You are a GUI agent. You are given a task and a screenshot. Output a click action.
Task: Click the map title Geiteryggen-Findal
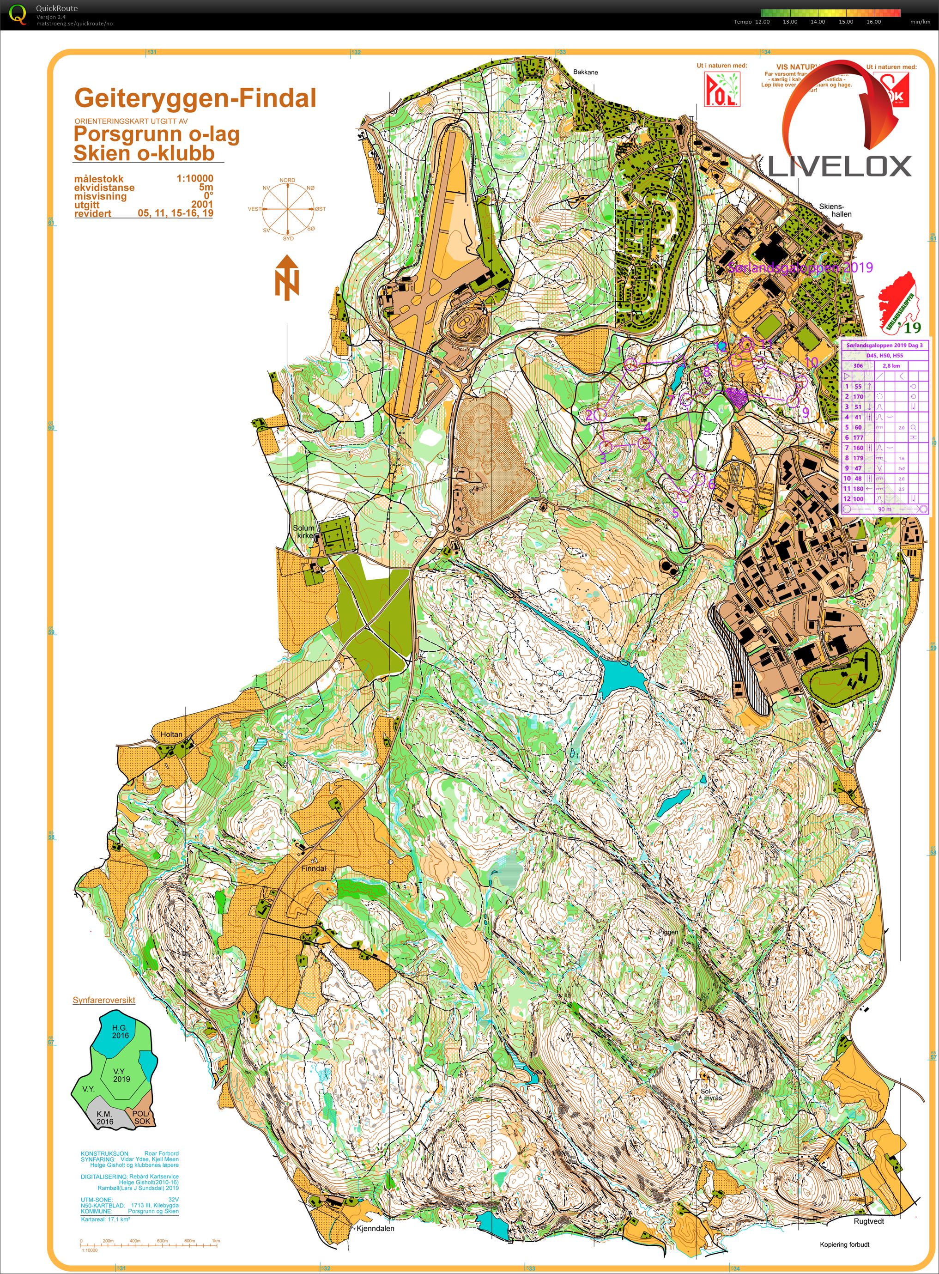click(x=195, y=98)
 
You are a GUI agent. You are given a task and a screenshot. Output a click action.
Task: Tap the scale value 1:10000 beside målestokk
click(x=194, y=178)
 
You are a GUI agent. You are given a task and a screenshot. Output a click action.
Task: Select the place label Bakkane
click(x=586, y=72)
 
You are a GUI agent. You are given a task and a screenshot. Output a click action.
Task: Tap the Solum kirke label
click(x=303, y=532)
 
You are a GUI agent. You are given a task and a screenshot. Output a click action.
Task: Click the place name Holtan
click(x=171, y=734)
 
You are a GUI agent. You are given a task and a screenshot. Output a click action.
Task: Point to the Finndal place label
click(x=314, y=869)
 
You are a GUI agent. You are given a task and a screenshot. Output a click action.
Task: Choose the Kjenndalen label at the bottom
click(x=375, y=1228)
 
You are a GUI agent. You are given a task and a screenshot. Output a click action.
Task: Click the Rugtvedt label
click(x=868, y=1220)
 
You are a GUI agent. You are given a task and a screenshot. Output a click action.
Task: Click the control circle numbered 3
click(x=606, y=446)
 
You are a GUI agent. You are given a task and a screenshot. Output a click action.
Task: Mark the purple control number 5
click(x=676, y=512)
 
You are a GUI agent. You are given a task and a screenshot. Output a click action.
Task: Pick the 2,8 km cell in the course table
click(x=891, y=365)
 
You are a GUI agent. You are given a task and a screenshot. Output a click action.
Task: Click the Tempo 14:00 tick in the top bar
click(x=818, y=22)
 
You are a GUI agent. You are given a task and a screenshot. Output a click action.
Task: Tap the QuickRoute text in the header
click(x=57, y=8)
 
